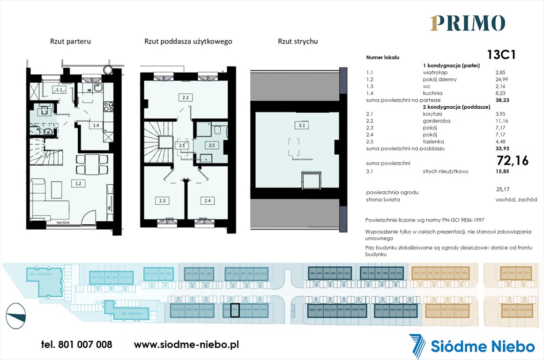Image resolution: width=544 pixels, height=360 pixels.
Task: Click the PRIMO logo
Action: point(467,23)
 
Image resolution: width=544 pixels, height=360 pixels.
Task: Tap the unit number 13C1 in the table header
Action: point(501,55)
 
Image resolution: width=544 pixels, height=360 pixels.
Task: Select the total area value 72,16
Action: point(512,161)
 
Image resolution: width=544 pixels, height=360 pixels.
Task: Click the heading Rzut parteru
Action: point(70,41)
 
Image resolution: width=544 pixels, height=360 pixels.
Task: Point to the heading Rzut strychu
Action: point(298,41)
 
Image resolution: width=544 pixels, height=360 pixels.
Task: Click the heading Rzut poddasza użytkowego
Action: point(188,41)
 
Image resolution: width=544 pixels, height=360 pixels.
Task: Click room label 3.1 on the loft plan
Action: point(301,125)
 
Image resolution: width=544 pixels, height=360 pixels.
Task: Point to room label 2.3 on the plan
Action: point(162,201)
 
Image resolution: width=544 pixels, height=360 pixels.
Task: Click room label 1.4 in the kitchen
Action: point(96,125)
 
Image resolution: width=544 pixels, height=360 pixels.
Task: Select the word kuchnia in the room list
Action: point(432,93)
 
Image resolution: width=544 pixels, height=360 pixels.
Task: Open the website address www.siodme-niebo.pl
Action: point(186,345)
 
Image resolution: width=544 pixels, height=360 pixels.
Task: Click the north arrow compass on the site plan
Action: point(16,313)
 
